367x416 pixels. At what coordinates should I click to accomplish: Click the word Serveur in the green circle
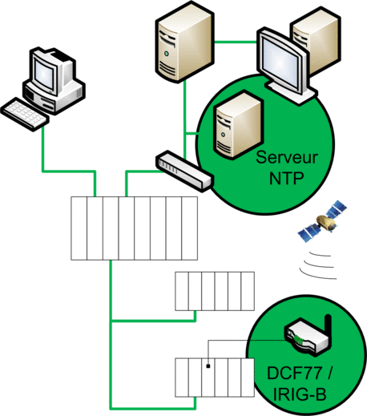(287, 158)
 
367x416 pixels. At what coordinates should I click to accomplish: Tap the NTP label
(287, 178)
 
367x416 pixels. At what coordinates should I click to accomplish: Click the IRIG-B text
(300, 394)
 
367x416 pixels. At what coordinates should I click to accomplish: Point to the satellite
(323, 221)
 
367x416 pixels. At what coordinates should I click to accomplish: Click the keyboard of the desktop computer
(25, 114)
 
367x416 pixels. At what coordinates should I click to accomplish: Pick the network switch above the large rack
(184, 171)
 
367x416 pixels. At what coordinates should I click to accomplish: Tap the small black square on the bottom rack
(208, 366)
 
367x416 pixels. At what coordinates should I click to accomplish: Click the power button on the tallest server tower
(167, 54)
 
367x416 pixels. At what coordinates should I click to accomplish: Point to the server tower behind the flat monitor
(316, 40)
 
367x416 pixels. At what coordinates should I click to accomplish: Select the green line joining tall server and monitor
(236, 42)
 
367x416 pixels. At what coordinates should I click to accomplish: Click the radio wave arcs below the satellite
(317, 265)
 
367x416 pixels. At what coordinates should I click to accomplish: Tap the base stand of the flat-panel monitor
(292, 92)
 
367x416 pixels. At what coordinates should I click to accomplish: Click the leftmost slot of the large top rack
(79, 228)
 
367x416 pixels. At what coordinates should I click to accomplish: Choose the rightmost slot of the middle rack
(248, 291)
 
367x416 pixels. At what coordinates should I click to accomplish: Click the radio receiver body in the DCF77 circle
(306, 337)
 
